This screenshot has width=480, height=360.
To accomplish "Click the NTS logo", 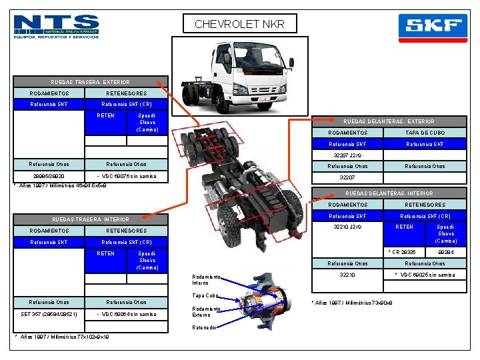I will click(x=56, y=26).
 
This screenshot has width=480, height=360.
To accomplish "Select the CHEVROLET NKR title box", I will click(x=239, y=25).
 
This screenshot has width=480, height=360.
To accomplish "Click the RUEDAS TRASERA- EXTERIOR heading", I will click(x=90, y=81).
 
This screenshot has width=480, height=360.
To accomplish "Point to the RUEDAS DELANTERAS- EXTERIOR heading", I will click(x=388, y=121).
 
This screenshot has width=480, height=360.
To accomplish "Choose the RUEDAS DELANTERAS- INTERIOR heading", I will click(x=388, y=193).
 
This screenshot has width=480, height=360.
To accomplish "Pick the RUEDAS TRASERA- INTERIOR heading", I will click(x=90, y=219).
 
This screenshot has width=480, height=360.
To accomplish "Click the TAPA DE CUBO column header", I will click(x=425, y=133).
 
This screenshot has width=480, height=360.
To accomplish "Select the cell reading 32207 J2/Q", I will click(x=353, y=155).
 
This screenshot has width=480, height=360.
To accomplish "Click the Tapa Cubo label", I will click(x=205, y=295).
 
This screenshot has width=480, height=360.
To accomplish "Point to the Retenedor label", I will click(x=205, y=327).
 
